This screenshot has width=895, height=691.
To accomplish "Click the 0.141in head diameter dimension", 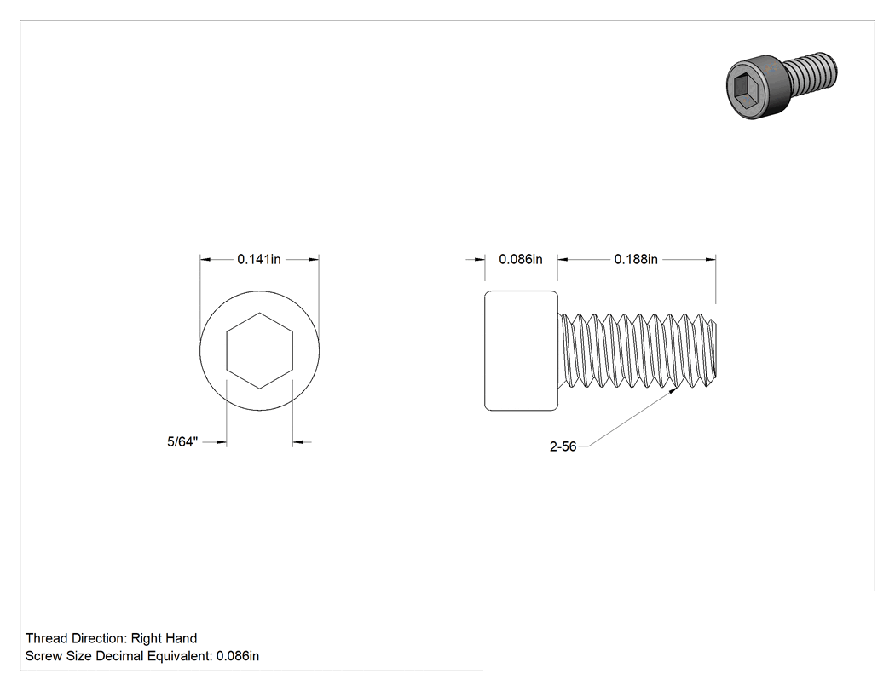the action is pos(259,259).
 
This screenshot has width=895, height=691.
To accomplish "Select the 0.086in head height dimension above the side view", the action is pos(521,259).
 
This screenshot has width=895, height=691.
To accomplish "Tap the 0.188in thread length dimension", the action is pos(636,259).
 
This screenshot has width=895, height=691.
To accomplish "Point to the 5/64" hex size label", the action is pos(182,441).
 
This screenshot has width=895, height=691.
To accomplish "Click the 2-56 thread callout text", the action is pos(563,446).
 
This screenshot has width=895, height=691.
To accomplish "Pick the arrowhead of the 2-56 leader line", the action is pos(675,389).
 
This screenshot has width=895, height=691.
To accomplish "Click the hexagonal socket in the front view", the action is pos(260,350).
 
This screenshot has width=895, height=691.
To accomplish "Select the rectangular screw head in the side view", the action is pos(521,350).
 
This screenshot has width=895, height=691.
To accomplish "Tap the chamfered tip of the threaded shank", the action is pos(713,350).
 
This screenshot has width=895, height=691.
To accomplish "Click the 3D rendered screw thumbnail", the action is pos(782,84).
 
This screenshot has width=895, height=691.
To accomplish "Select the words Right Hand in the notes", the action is pos(164,638).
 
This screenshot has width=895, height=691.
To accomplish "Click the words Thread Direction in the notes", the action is pos(76,638).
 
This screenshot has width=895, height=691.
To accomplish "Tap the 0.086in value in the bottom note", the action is pos(238,656).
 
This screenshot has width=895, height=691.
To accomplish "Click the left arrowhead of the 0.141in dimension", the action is pos(205,260).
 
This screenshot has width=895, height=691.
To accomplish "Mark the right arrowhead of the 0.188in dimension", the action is pos(710,260).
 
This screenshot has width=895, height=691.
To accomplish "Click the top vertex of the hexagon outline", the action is pos(260,313).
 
